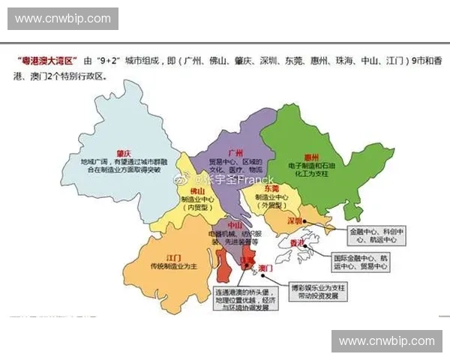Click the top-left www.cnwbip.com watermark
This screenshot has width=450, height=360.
pos(62,18)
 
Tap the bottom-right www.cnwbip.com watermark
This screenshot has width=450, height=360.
pos(386,341)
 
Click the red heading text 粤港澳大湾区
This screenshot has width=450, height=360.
pos(46,59)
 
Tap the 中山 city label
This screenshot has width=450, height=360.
pos(234,225)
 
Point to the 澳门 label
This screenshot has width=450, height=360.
pos(265,268)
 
